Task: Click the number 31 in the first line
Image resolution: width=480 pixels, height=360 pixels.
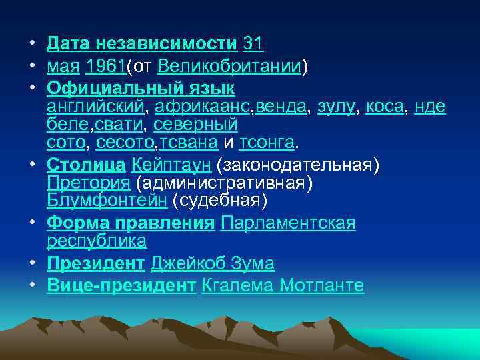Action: tap(253, 44)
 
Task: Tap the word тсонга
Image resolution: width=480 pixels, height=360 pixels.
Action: tap(267, 142)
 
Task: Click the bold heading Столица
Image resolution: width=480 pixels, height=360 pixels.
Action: tap(86, 163)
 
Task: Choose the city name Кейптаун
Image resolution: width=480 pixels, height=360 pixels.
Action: tap(171, 163)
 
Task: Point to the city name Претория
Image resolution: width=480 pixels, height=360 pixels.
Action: tap(89, 181)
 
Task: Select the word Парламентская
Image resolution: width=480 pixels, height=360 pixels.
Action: tap(288, 222)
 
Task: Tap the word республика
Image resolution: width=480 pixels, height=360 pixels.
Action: tap(97, 240)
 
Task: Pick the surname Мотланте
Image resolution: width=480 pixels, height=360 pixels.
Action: tap(321, 285)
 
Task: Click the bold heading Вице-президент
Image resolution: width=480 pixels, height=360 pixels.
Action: tap(121, 285)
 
